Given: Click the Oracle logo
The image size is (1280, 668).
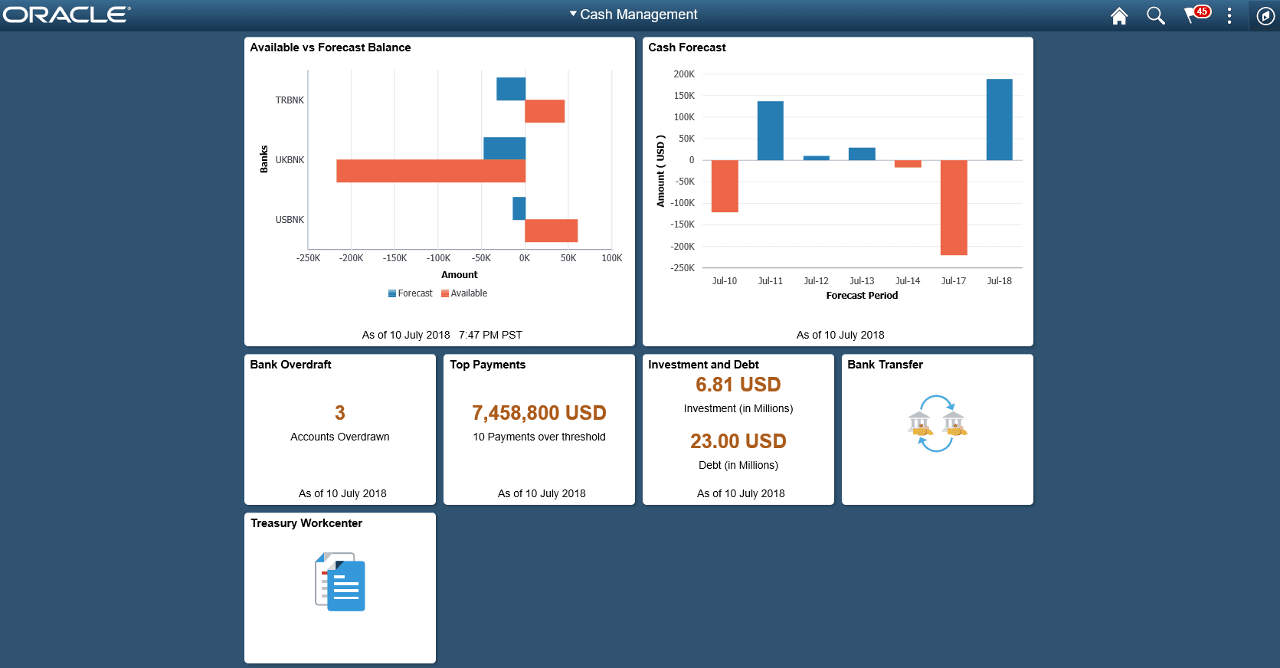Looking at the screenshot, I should [x=67, y=15].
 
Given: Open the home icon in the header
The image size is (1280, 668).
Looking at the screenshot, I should [x=1119, y=15].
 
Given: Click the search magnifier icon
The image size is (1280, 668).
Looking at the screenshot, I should [x=1155, y=15].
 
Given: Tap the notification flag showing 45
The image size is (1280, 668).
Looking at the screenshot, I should [x=1196, y=15].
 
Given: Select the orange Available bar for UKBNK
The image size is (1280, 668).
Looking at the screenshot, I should [x=430, y=171].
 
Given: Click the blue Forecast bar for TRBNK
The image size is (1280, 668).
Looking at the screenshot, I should [x=510, y=89].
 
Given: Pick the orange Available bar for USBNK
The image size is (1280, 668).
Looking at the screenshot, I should [x=551, y=231].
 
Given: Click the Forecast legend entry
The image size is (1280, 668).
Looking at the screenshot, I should [x=411, y=293].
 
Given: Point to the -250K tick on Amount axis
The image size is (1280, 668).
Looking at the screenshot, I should [x=308, y=258].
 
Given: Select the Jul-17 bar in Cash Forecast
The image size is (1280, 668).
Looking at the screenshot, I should [x=954, y=207].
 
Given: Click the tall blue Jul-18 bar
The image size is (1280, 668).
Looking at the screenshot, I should [x=999, y=120].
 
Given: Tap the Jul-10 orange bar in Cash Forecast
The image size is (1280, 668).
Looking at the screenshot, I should [x=725, y=186].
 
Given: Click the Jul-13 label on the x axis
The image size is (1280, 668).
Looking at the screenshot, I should [x=862, y=281].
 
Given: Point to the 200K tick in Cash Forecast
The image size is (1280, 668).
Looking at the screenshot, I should [x=684, y=74].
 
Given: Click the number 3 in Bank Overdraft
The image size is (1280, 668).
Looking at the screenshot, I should [x=340, y=413].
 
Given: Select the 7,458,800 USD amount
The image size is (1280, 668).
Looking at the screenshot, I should [x=539, y=413].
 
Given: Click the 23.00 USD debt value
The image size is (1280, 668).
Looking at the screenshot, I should [x=738, y=441].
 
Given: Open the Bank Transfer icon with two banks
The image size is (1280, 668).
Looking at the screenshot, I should [x=937, y=424].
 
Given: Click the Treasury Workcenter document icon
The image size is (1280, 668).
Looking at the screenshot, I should [x=340, y=582].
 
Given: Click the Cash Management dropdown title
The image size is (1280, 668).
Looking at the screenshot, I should [x=633, y=15].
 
